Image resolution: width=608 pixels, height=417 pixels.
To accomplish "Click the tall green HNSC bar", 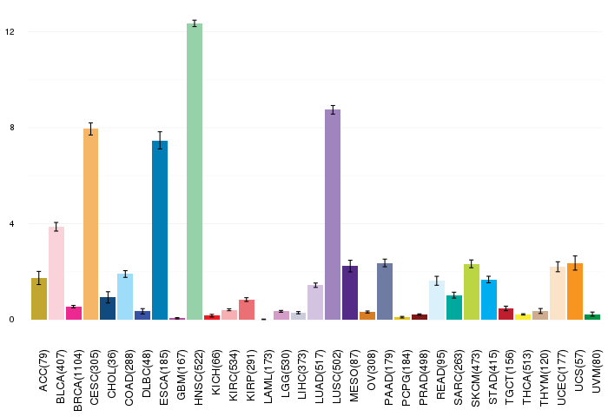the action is coord(195,171).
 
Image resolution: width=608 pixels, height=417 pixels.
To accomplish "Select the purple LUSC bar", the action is coord(333,215).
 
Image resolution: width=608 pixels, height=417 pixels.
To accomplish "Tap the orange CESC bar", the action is coord(90,224).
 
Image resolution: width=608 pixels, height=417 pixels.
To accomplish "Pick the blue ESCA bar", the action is coord(160,230).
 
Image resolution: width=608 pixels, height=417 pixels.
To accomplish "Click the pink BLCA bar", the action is coord(56,273).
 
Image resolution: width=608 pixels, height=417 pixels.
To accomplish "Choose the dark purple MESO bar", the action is coord(350,293).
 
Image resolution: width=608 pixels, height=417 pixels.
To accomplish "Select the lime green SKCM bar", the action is coord(472,292).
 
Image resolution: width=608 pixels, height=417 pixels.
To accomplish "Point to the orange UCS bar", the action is coord(575,292).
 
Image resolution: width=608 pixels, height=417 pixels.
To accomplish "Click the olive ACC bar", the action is coord(39,299).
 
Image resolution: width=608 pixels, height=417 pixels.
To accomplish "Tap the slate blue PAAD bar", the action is coord(385,292).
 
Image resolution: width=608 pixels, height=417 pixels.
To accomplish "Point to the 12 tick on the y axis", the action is coord(10,31).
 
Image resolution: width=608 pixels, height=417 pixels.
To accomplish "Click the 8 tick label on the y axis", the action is coord(12,127).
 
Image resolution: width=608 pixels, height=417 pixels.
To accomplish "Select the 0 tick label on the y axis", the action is coord(12,320).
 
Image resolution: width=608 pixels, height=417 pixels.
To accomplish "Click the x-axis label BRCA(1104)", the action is coord(77,381).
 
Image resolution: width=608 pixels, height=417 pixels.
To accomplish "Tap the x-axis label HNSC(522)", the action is coord(198,377).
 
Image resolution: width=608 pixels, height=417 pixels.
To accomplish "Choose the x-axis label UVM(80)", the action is coord(598,371).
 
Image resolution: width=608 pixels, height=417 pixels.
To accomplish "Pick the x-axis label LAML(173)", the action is coord(268,377).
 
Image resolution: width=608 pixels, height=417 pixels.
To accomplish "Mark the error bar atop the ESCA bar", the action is coord(160,141).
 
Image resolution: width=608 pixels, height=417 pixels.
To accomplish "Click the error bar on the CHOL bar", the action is coord(108,297).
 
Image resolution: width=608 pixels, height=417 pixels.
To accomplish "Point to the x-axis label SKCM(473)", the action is coord(475,378).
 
